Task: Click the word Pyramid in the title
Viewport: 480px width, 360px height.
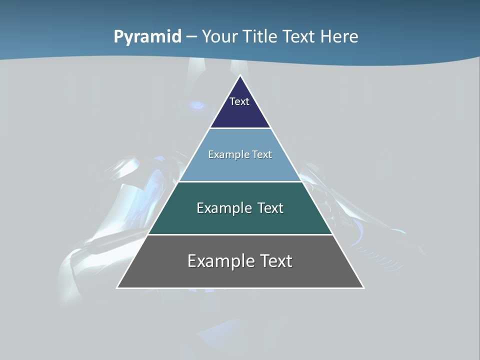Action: click(147, 37)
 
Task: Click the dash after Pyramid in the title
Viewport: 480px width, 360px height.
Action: click(191, 37)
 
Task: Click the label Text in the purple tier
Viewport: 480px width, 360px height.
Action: click(239, 101)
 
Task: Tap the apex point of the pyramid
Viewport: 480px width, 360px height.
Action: click(240, 76)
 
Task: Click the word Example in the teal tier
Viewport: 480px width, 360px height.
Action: click(220, 208)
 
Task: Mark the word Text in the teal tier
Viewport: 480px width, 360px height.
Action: click(270, 208)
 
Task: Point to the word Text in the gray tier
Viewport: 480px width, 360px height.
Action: click(275, 261)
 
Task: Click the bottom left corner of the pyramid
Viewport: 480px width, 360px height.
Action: click(117, 287)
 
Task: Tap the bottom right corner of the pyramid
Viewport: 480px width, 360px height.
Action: click(363, 287)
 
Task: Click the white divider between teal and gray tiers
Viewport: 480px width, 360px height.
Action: click(240, 234)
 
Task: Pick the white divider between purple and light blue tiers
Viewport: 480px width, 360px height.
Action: click(240, 128)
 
